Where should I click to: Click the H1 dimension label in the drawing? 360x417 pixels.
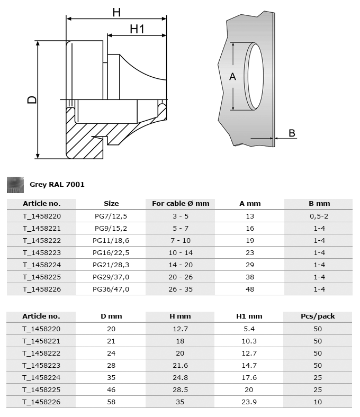click(x=137, y=29)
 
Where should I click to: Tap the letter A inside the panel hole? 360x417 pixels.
click(x=232, y=77)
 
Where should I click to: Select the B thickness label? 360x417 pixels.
click(x=292, y=133)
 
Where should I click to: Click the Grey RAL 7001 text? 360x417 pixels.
click(x=57, y=185)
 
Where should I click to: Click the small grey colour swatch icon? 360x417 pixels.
click(x=15, y=184)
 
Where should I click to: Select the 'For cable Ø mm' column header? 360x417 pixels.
click(x=181, y=204)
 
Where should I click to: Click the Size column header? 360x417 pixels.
click(x=111, y=204)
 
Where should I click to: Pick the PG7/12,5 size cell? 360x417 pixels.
click(x=111, y=216)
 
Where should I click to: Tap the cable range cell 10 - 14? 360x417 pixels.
click(x=181, y=252)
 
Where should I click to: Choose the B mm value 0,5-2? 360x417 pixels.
click(x=319, y=216)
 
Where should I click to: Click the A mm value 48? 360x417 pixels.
click(x=250, y=289)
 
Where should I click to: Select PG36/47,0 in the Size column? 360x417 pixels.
click(x=111, y=289)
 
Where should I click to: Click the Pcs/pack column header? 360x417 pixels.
click(x=319, y=316)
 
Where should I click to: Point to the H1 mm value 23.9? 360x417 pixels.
click(x=250, y=402)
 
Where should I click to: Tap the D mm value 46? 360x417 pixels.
click(x=111, y=389)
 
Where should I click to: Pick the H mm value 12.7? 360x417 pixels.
click(x=181, y=329)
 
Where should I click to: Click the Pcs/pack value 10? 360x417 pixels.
click(x=319, y=402)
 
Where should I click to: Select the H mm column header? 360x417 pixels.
click(x=181, y=316)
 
